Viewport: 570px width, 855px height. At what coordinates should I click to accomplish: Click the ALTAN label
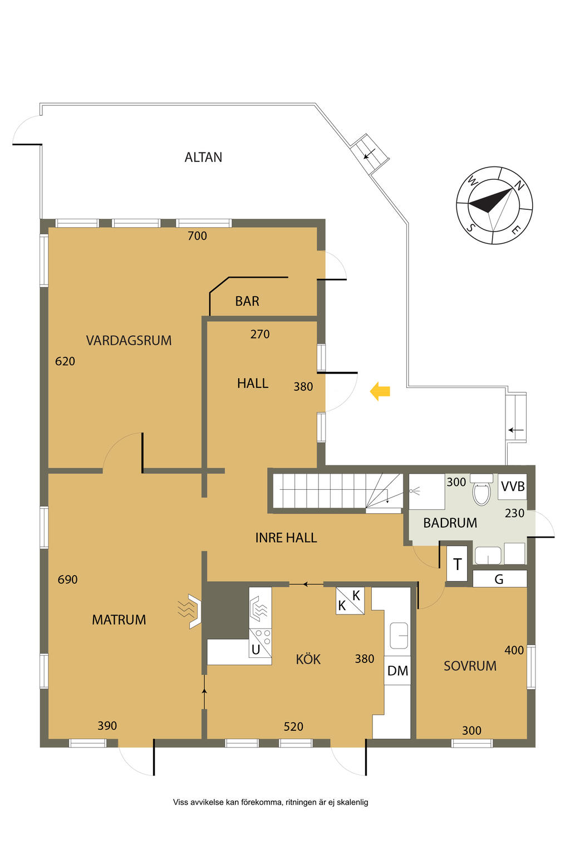(203, 158)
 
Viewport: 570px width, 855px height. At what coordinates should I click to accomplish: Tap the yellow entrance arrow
(380, 391)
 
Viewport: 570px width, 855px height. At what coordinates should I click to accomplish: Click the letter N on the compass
(518, 185)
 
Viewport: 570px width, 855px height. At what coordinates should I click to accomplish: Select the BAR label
(247, 301)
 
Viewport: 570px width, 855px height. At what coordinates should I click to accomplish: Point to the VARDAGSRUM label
(129, 341)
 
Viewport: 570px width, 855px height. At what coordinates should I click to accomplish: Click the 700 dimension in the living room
(197, 236)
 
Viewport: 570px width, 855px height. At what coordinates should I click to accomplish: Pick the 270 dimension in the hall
(260, 335)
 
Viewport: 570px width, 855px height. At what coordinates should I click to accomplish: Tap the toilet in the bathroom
(481, 490)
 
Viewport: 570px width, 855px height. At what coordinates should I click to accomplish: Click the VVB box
(512, 487)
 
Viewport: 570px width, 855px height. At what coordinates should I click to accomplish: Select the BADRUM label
(450, 523)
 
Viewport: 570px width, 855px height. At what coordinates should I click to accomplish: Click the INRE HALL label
(286, 538)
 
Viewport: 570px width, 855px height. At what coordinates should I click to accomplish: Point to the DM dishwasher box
(397, 670)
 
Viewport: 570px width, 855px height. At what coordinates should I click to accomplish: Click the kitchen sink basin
(399, 635)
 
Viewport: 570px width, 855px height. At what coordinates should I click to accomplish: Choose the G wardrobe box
(499, 579)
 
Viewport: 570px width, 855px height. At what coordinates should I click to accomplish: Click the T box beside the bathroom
(457, 564)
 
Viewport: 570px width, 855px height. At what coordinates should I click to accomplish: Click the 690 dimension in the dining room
(67, 580)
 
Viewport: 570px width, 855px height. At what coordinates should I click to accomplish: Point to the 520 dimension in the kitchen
(293, 726)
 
